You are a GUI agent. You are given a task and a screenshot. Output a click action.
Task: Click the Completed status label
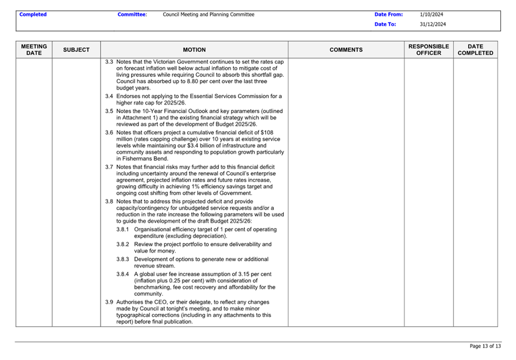coord(33,14)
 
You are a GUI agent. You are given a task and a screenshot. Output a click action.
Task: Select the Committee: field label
coord(132,14)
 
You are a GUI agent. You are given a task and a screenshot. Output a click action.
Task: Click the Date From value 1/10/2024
coord(432,14)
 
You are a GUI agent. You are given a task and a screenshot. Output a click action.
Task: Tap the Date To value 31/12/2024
coord(433,24)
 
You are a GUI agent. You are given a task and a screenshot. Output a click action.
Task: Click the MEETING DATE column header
coord(34,49)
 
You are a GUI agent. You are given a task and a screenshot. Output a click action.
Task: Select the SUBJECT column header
coord(76,50)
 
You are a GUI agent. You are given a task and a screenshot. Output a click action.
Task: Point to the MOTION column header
coord(194,50)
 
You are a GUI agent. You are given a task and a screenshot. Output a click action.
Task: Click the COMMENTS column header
coord(346,50)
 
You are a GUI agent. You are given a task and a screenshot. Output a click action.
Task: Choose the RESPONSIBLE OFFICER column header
coord(429,49)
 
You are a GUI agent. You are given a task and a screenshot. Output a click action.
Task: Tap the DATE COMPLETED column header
coord(475,49)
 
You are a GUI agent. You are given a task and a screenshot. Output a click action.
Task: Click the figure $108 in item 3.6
coord(267,132)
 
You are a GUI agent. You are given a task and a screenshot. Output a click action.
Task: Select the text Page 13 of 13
coord(485,346)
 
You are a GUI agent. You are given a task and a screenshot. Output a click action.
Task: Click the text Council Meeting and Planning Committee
coord(209,14)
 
